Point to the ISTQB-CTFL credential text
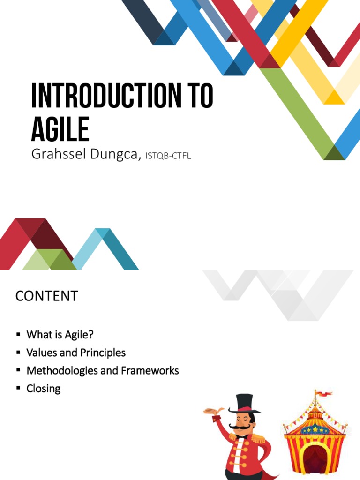coord(168,156)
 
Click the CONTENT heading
coord(46,296)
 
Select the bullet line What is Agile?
coord(60,335)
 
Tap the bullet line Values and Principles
coord(76,352)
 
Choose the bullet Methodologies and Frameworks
coord(103,370)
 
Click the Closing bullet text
coord(44,388)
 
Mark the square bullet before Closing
coord(18,388)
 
